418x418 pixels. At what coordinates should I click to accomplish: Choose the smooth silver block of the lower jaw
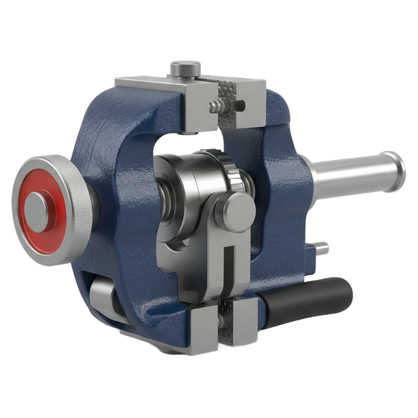point(203,329)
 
